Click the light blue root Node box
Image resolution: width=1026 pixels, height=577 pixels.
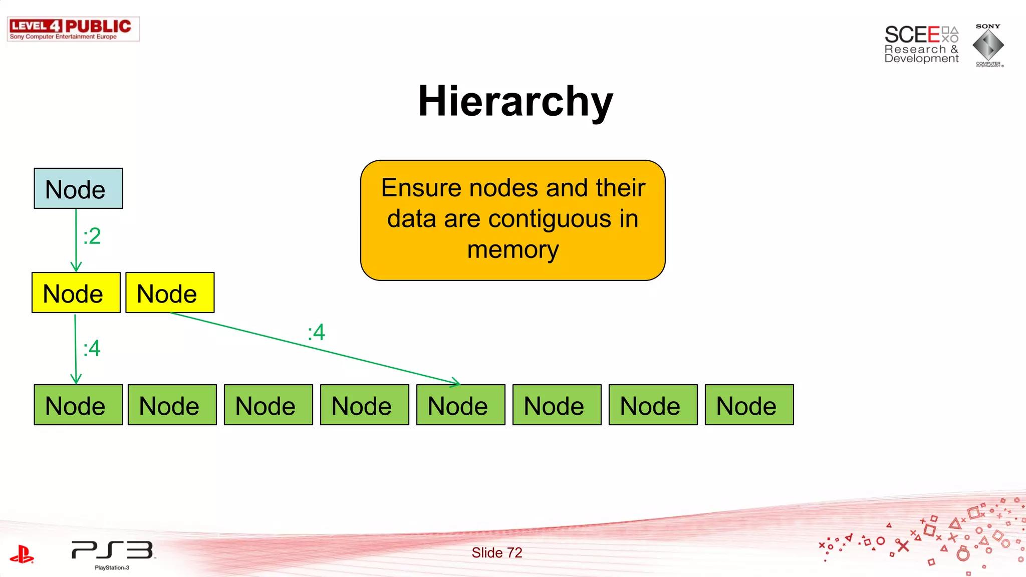coord(78,188)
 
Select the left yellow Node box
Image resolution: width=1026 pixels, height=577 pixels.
coord(76,293)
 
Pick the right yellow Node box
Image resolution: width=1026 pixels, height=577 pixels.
coord(170,293)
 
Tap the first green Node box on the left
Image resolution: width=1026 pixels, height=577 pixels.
coord(78,405)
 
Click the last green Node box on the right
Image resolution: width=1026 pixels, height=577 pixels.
coord(749,405)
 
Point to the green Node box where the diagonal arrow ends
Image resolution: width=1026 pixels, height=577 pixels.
coord(460,405)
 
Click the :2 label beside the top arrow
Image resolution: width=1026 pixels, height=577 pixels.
coord(92,236)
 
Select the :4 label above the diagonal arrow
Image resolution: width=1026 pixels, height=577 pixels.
coord(317,332)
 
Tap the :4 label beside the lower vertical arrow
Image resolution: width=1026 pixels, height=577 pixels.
coord(92,348)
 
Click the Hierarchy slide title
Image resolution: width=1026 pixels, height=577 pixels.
coord(516,101)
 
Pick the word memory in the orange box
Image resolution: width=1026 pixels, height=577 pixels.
coord(513,249)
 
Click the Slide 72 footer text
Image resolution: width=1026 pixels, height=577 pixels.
coord(496,552)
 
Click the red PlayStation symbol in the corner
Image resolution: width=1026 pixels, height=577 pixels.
coord(22,554)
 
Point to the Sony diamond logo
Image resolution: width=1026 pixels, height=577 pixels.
coord(988,45)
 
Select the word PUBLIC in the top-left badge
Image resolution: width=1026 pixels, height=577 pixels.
coord(98,26)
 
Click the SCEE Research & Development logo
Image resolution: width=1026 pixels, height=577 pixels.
coord(921,45)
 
